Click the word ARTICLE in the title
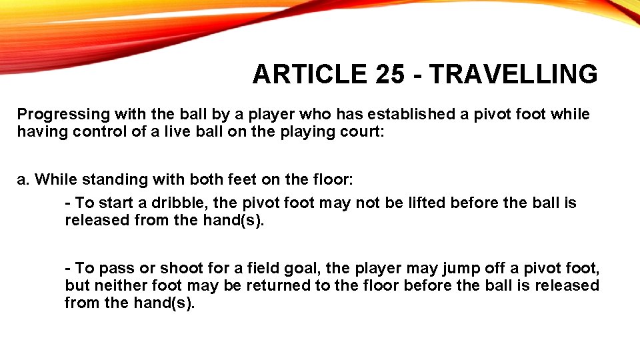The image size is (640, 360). click(309, 75)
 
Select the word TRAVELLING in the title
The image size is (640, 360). click(513, 75)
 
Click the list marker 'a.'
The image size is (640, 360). click(24, 179)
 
